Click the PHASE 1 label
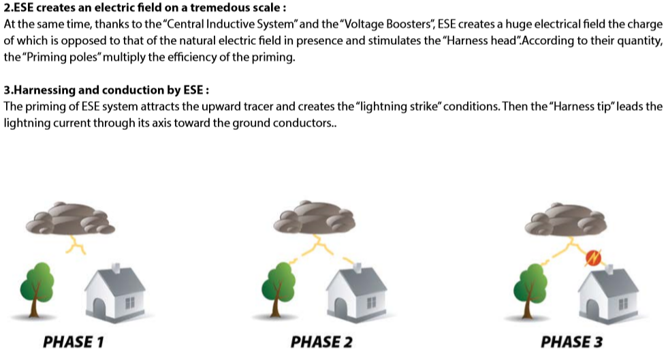pyautogui.click(x=74, y=342)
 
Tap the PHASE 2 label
pyautogui.click(x=321, y=342)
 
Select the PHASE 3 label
pyautogui.click(x=572, y=342)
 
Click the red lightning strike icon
pyautogui.click(x=593, y=257)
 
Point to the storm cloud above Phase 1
pyautogui.click(x=70, y=218)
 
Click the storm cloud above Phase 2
pyautogui.click(x=315, y=218)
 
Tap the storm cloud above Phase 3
pyautogui.click(x=566, y=220)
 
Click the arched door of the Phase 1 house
pyautogui.click(x=99, y=307)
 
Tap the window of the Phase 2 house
pyautogui.click(x=372, y=303)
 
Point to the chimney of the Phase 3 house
pyautogui.click(x=609, y=269)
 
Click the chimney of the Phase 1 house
pyautogui.click(x=116, y=268)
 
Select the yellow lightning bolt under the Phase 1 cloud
pyautogui.click(x=76, y=245)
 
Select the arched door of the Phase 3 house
pyautogui.click(x=592, y=308)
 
